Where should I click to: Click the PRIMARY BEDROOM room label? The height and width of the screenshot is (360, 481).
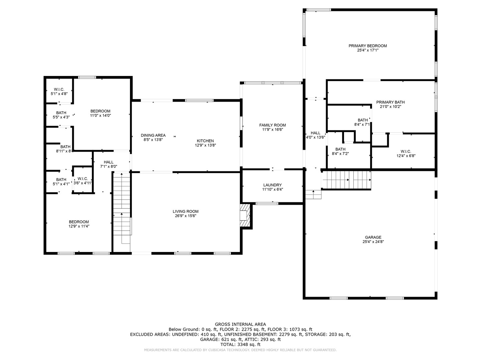point(367,46)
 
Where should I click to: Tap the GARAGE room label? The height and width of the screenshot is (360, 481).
point(373,237)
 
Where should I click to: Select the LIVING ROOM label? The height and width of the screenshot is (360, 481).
point(185,211)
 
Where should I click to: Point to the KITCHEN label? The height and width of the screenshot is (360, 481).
point(205,141)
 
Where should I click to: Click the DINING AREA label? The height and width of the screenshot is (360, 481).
point(153,135)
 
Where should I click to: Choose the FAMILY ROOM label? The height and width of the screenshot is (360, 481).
point(272,125)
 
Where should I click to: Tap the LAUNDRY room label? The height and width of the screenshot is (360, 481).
point(272,185)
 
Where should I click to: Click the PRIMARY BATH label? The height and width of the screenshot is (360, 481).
point(390,102)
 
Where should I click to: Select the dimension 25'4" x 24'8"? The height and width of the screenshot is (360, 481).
point(373,242)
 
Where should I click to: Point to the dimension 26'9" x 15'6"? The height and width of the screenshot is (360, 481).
point(185,216)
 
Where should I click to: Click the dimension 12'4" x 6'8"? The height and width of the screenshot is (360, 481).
point(406,156)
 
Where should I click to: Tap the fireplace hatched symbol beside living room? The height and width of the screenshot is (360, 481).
point(245,216)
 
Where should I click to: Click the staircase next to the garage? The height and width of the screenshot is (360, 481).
point(346,180)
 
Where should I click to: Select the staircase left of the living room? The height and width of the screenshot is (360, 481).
point(122,208)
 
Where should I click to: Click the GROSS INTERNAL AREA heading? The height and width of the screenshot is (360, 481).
point(240,324)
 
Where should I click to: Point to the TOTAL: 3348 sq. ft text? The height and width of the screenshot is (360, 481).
point(240,344)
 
